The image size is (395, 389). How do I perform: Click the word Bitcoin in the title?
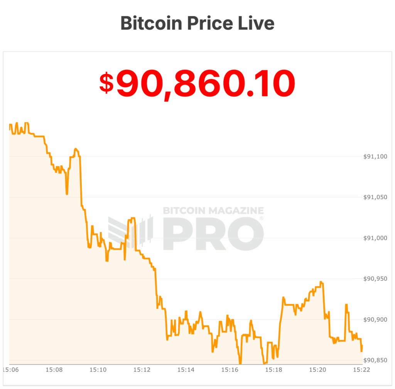(151, 23)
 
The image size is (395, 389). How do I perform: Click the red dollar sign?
(107, 83)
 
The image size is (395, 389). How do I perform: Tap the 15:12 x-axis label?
(142, 370)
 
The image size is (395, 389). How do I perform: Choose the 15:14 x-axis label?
(186, 370)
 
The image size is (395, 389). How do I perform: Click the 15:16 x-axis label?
(230, 370)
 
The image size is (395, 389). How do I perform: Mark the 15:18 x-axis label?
(273, 370)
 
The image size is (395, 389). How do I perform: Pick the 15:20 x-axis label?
(317, 370)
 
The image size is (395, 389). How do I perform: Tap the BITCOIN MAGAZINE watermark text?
(213, 211)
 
